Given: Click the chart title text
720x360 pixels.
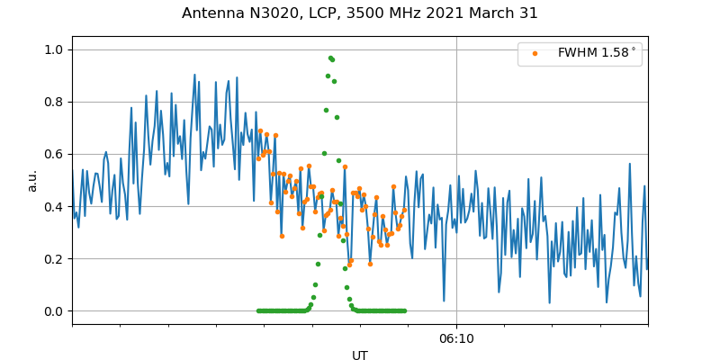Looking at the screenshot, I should coord(360,13).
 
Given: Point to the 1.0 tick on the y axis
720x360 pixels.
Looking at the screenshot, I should coord(55,49).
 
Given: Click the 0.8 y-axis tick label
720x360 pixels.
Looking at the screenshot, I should coord(55,102).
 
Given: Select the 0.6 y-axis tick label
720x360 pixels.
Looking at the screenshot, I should coord(55,154).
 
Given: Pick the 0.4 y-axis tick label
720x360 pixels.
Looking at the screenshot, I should coord(55,206).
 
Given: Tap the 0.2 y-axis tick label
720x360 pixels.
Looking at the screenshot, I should coord(55,258).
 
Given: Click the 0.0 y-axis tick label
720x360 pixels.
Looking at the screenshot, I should coord(55,311).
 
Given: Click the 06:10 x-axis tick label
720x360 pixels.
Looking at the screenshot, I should coord(456,338).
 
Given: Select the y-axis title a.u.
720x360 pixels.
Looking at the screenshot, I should coord(32,180).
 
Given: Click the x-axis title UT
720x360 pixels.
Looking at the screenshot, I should coord(360,355).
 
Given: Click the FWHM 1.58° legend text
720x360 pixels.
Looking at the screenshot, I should coord(597,53).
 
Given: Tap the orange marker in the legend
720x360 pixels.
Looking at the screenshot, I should coord(535,53).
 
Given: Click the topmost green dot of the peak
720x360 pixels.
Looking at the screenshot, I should coord(330,58).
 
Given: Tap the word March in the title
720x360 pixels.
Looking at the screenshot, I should coord(494,13).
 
